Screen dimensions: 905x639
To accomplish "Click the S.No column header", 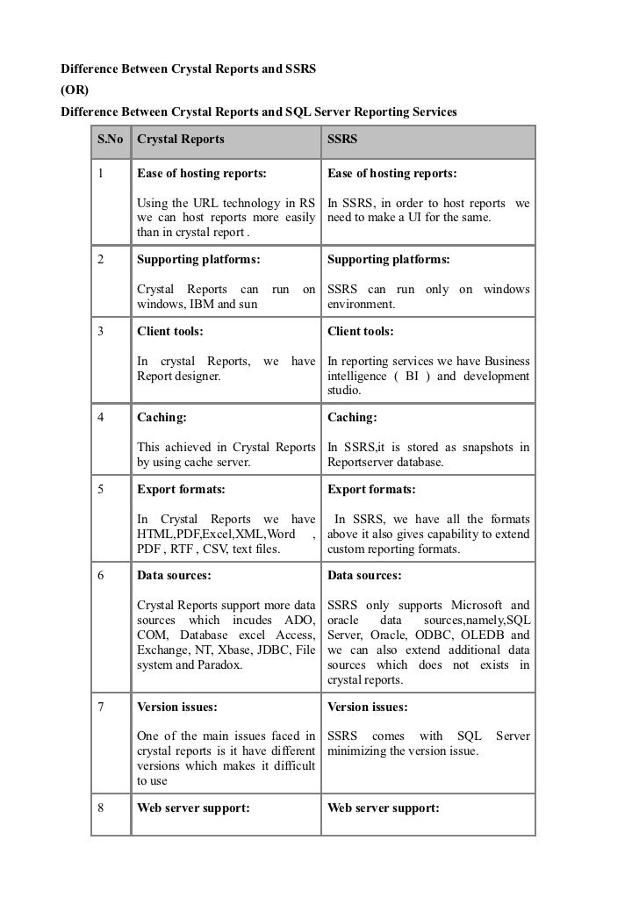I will click(110, 140).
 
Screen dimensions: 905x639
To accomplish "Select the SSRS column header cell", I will click(341, 140).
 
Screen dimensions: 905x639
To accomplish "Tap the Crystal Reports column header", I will click(181, 140).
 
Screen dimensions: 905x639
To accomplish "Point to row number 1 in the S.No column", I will click(103, 174).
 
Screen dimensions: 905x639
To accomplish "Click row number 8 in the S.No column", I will click(103, 808).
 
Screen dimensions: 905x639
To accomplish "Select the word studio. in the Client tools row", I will click(346, 391).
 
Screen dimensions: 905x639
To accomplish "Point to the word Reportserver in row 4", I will click(363, 463).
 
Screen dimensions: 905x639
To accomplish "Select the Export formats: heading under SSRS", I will click(371, 489).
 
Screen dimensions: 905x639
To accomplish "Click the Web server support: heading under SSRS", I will click(383, 808).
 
